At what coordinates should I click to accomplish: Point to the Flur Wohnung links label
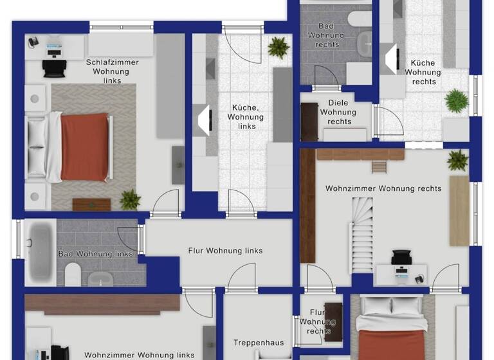225,251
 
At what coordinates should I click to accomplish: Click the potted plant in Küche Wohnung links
279,46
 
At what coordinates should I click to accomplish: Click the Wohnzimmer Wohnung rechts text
383,188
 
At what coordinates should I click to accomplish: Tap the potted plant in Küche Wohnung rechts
456,101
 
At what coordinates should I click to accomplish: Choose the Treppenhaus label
259,343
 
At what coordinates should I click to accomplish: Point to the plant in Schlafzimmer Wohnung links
130,199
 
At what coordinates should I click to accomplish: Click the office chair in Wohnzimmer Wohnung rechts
401,258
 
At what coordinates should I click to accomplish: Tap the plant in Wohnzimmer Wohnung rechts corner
458,159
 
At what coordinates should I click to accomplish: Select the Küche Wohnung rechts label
423,72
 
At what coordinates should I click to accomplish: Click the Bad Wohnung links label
95,254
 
